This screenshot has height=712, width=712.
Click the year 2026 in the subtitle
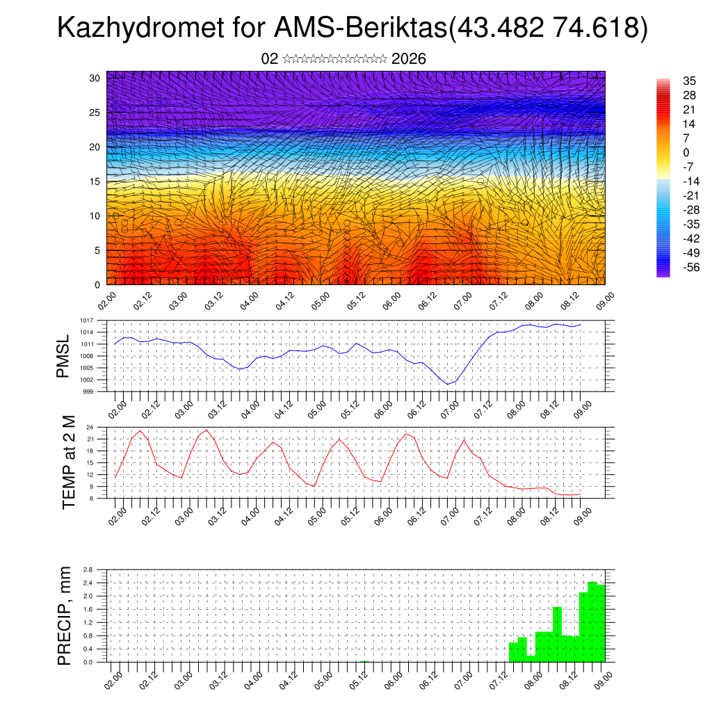pyautogui.click(x=409, y=59)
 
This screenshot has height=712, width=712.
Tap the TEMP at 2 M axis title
pyautogui.click(x=68, y=462)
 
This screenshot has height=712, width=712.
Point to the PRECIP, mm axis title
pyautogui.click(x=64, y=616)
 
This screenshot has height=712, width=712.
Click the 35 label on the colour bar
pyautogui.click(x=690, y=81)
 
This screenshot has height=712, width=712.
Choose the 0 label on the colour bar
pyautogui.click(x=687, y=152)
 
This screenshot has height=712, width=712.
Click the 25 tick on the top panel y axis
pyautogui.click(x=95, y=113)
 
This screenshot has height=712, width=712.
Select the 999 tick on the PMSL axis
pyautogui.click(x=89, y=391)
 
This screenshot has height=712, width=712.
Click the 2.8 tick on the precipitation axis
pyautogui.click(x=89, y=569)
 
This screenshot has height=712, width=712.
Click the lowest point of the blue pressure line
pyautogui.click(x=448, y=384)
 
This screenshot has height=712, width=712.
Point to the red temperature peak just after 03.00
pyautogui.click(x=207, y=430)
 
